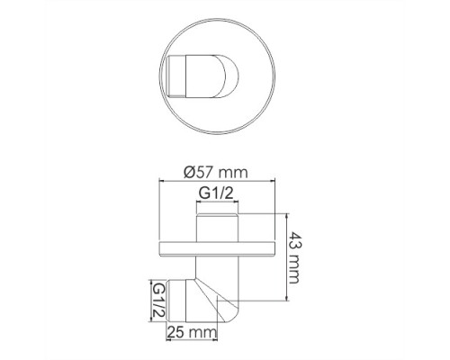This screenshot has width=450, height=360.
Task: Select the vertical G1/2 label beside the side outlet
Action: [157, 299]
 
